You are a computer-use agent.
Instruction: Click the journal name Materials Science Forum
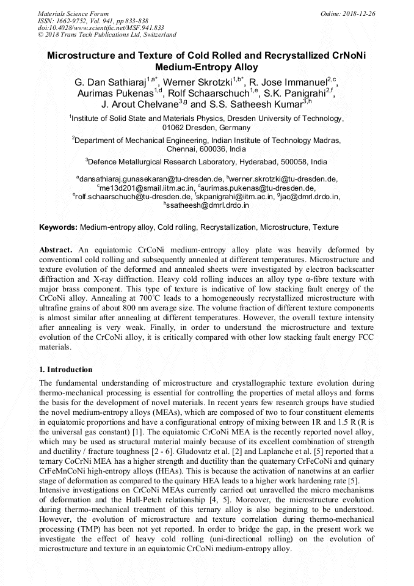73,13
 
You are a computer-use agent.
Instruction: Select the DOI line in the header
101,27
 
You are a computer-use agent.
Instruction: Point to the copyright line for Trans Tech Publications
107,35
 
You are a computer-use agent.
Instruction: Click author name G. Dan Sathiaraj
110,82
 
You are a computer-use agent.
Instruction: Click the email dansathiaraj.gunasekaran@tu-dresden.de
150,179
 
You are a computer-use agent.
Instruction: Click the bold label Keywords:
59,227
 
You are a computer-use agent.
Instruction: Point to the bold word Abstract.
56,250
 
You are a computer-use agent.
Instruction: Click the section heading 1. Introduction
66,370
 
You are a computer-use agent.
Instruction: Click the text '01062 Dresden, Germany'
206,128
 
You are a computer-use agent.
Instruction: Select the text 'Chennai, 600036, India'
206,149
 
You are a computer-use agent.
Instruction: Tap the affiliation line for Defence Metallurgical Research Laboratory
206,162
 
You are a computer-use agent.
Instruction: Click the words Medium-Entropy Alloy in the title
206,68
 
